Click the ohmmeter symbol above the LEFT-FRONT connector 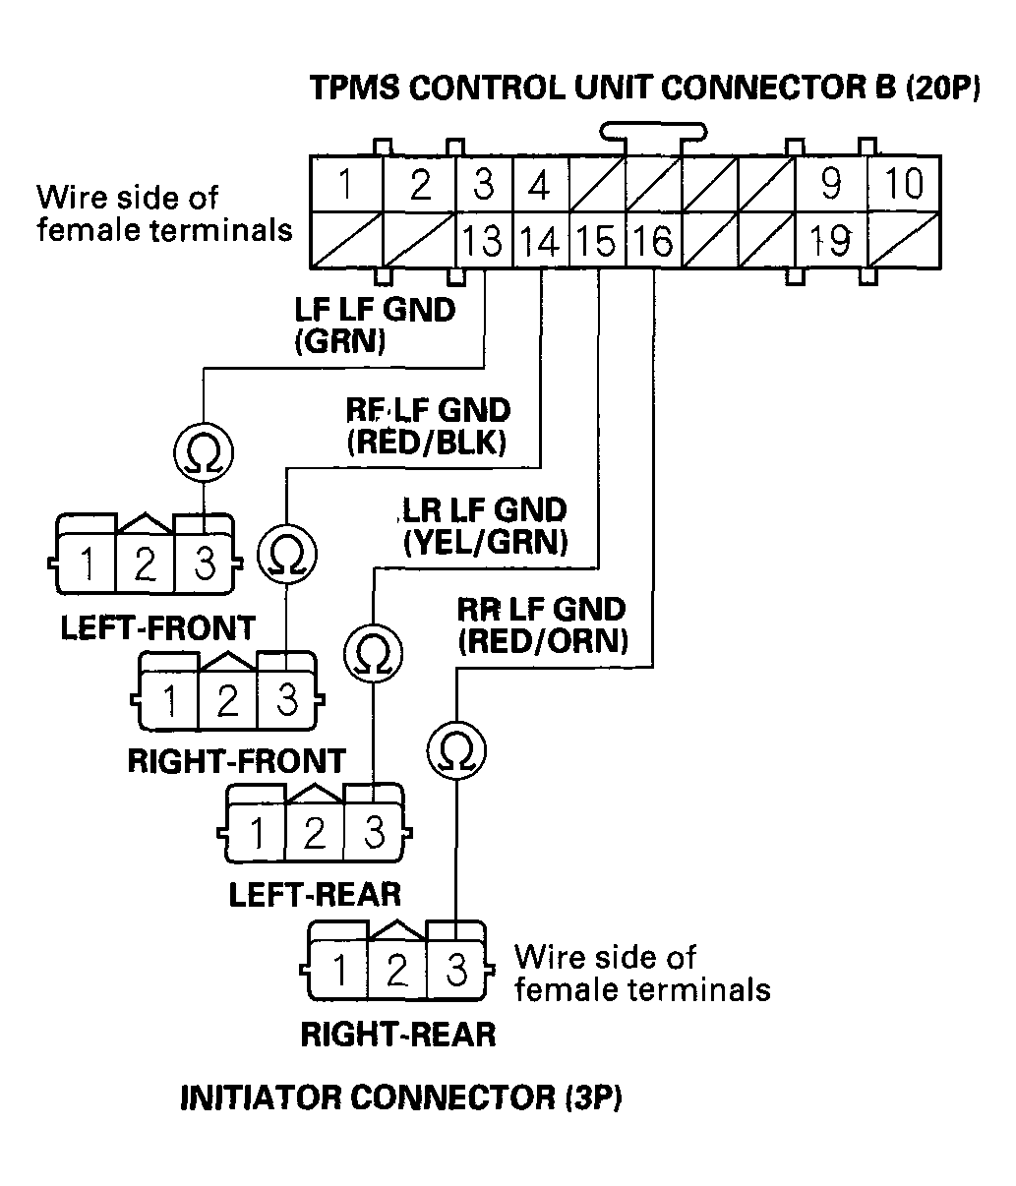(x=204, y=453)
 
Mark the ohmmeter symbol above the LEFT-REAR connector (x=372, y=652)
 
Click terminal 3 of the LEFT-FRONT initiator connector (x=204, y=565)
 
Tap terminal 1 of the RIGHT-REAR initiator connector (x=338, y=971)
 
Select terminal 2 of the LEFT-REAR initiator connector (x=315, y=834)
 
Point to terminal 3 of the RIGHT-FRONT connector (x=287, y=701)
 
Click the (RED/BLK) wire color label (x=427, y=444)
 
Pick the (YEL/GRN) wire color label (x=485, y=541)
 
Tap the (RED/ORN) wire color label (x=542, y=641)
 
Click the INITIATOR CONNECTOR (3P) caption (x=401, y=1097)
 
